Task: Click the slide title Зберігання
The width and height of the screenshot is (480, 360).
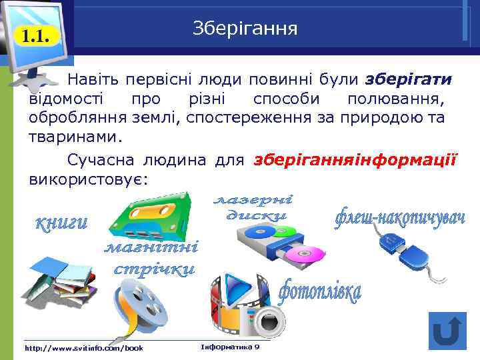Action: (x=245, y=29)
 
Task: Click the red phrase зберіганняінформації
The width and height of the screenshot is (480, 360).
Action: (x=355, y=161)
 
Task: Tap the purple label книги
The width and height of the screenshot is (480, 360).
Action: (x=61, y=223)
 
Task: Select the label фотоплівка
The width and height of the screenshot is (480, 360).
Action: (x=320, y=291)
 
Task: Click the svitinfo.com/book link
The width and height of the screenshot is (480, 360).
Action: (x=83, y=348)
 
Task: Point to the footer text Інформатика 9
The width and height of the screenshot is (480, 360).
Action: (x=230, y=347)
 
